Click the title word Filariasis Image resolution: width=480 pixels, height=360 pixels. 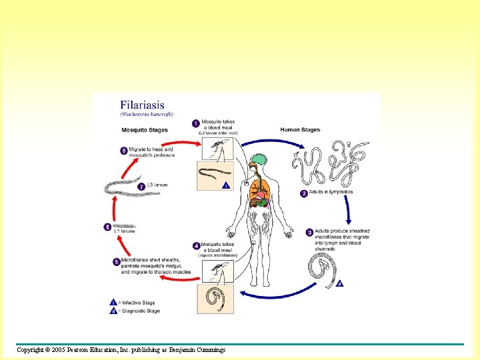click(x=147, y=105)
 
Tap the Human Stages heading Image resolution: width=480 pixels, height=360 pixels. click(x=301, y=129)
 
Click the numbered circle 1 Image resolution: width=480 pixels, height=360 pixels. click(x=195, y=123)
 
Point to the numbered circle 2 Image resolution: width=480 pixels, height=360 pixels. click(x=304, y=193)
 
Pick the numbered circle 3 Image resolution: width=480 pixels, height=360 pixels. click(x=309, y=232)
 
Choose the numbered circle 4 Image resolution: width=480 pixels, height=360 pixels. click(x=196, y=246)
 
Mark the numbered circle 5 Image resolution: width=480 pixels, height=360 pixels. click(x=116, y=262)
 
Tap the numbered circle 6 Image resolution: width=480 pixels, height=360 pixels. click(x=107, y=227)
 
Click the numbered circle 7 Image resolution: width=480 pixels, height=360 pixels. click(x=141, y=187)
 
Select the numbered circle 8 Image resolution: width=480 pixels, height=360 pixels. click(x=124, y=151)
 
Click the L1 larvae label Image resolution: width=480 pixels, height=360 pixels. click(x=124, y=232)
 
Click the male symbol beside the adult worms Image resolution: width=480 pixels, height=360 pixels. click(x=296, y=155)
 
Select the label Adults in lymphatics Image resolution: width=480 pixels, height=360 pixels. click(x=331, y=192)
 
